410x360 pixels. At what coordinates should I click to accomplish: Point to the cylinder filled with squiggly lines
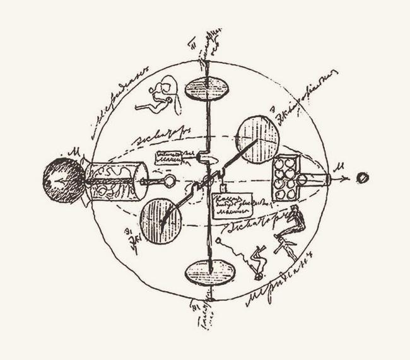pyautogui.click(x=116, y=180)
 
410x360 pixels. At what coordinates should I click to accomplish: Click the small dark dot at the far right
pyautogui.click(x=363, y=178)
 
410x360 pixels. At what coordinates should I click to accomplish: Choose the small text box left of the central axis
pyautogui.click(x=174, y=158)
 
